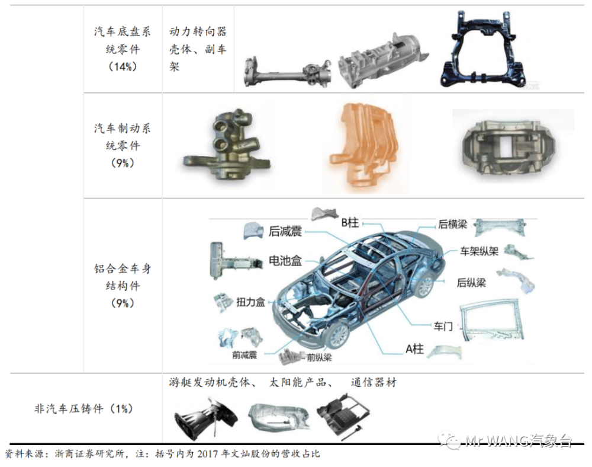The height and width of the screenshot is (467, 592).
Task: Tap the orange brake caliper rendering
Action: click(363, 148)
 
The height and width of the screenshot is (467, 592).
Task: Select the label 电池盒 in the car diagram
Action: click(285, 261)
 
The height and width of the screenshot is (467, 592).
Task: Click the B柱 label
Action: click(350, 223)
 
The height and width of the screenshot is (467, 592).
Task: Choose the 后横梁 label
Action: click(452, 225)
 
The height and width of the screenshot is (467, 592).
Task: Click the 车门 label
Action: click(443, 326)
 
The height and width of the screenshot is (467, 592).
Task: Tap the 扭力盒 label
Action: click(250, 302)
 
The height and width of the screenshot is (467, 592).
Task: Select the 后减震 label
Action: click(285, 231)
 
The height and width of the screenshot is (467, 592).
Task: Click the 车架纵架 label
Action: click(479, 251)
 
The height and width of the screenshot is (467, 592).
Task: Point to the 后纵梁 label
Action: click(471, 283)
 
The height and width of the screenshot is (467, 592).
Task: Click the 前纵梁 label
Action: click(319, 357)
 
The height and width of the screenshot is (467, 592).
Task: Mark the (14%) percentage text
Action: click(123, 67)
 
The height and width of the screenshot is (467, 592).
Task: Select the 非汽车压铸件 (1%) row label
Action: click(83, 408)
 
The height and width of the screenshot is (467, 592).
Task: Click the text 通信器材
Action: click(374, 383)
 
